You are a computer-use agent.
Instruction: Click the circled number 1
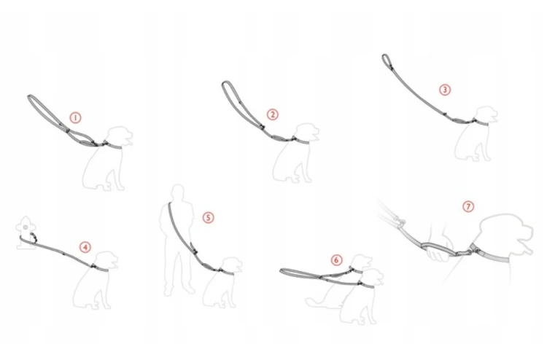click(75, 118)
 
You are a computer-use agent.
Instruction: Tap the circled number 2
click(273, 114)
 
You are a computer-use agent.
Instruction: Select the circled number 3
click(444, 90)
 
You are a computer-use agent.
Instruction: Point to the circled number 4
click(85, 247)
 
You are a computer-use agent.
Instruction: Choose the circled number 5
click(208, 218)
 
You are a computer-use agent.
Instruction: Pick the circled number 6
click(336, 259)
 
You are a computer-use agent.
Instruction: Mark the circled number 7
click(468, 206)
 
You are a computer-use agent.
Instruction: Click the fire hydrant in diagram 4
click(26, 232)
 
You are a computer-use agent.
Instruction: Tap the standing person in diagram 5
click(177, 240)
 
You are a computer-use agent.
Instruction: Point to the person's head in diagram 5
click(178, 192)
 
